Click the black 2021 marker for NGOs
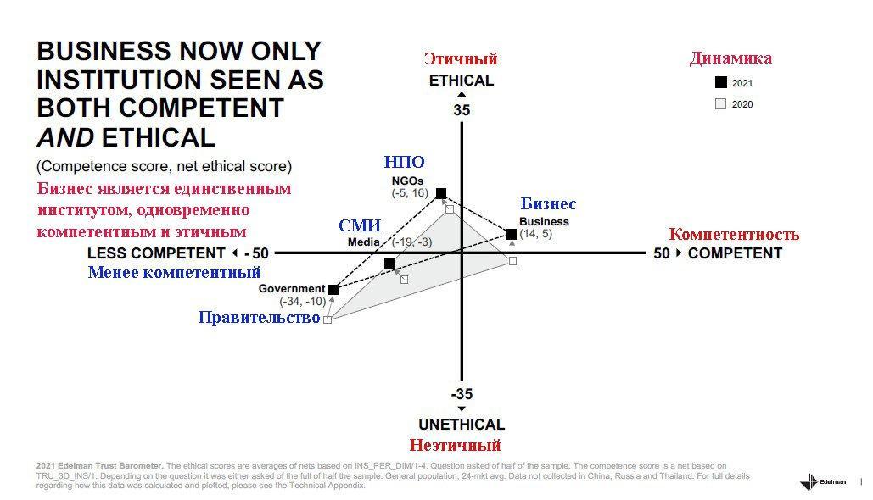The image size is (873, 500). click(x=441, y=193)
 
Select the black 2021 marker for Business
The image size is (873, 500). click(x=512, y=234)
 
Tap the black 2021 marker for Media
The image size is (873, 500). click(x=389, y=263)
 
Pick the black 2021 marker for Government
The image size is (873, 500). click(x=333, y=290)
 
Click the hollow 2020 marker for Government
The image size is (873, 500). click(x=327, y=319)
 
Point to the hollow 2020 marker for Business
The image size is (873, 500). click(x=512, y=261)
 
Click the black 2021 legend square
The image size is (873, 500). click(x=721, y=82)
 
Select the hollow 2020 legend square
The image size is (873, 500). click(x=721, y=104)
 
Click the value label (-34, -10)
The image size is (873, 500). click(x=302, y=302)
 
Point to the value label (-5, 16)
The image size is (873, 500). click(x=410, y=193)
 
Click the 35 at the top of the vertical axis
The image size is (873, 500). click(x=462, y=110)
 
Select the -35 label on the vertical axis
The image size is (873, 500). click(x=462, y=394)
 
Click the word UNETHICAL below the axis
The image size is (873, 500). click(x=462, y=425)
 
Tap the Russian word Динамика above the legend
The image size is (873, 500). click(x=730, y=58)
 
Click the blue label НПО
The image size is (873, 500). click(x=404, y=162)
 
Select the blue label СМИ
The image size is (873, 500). click(x=360, y=225)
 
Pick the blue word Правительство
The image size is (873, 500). click(x=260, y=318)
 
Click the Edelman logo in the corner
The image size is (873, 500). click(x=823, y=481)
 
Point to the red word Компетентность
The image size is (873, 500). click(x=734, y=234)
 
